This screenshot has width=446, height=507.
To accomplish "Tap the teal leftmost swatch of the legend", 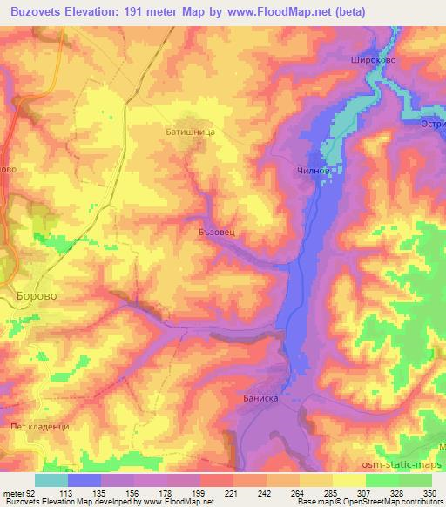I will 51,480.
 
